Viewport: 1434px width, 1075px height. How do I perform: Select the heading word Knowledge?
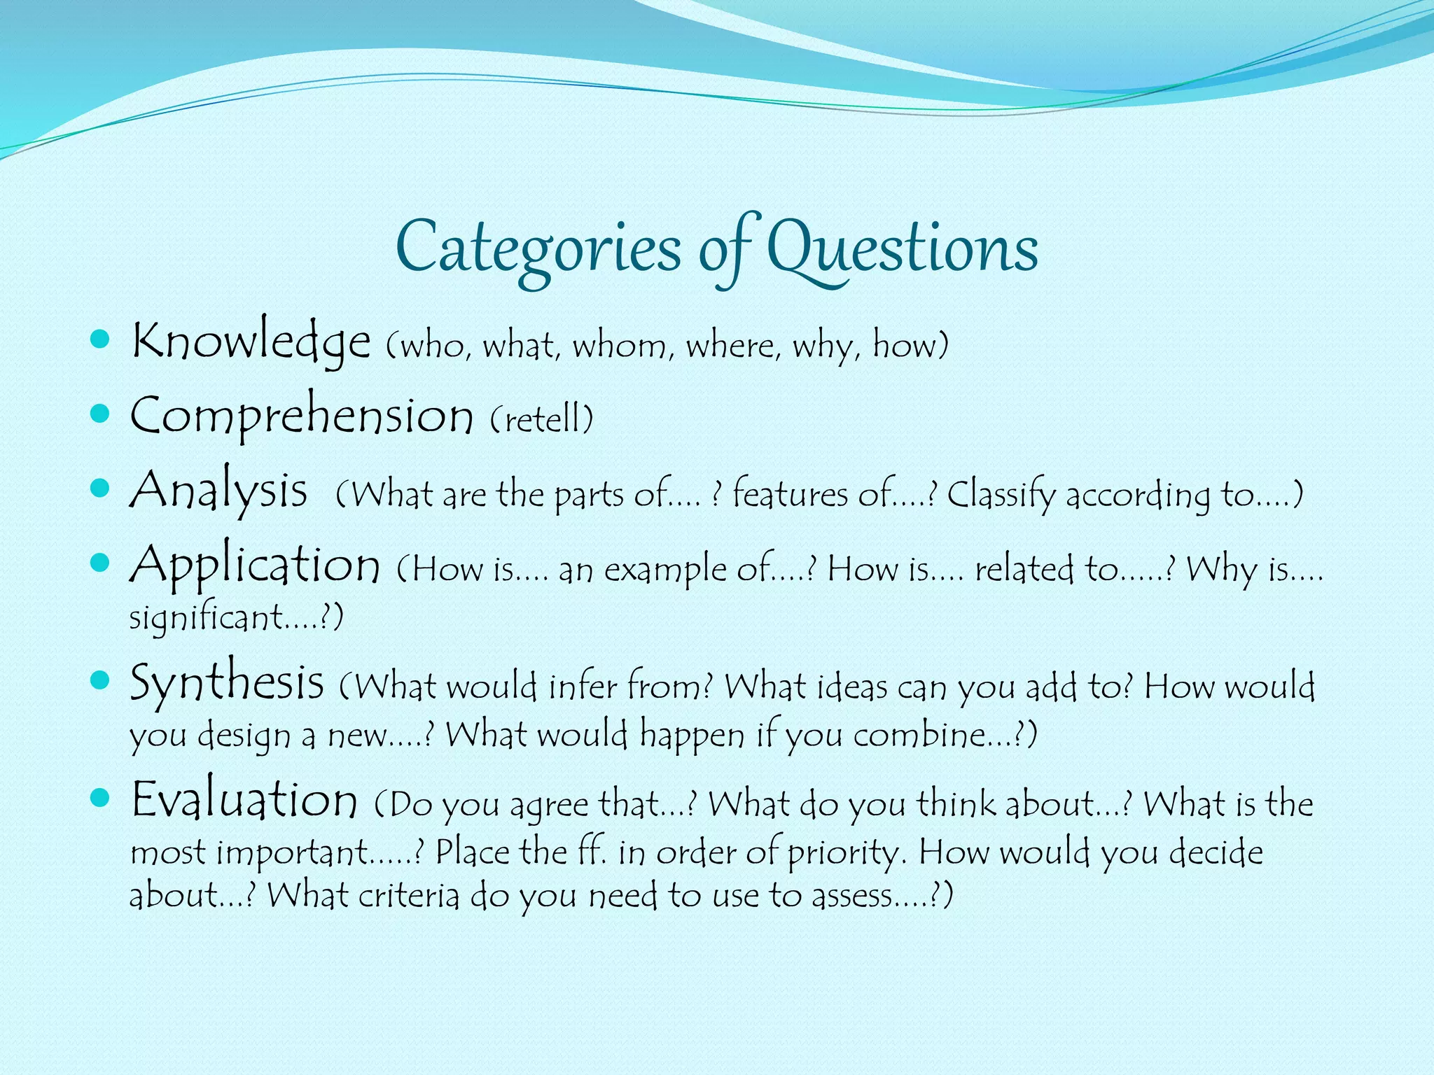pos(251,341)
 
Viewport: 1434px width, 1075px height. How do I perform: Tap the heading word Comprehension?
pos(302,416)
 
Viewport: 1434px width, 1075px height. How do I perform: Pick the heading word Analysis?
pos(218,490)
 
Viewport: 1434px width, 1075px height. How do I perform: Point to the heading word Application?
pos(255,565)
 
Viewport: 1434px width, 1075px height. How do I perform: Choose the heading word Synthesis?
pos(227,682)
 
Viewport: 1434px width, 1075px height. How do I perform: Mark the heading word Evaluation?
pos(244,799)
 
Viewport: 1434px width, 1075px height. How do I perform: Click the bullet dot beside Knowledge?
pos(101,341)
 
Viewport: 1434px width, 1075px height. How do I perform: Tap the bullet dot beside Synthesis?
pos(101,680)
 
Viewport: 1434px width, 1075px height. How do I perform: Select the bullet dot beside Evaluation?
pos(101,798)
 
